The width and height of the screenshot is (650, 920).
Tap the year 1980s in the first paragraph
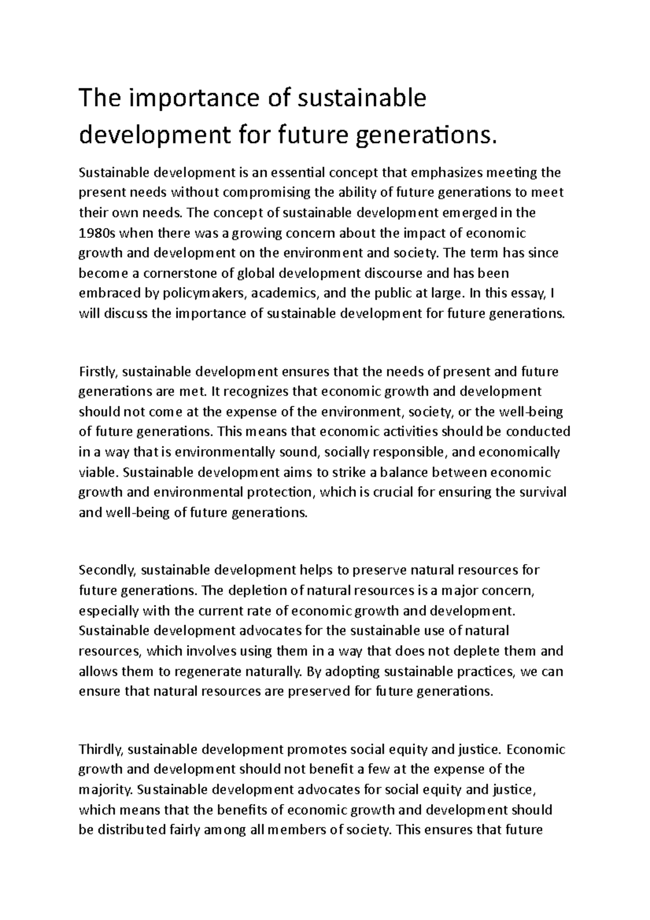(96, 233)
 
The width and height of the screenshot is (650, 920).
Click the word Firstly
(99, 372)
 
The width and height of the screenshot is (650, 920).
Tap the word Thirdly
(101, 750)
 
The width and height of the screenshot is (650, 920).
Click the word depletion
(259, 591)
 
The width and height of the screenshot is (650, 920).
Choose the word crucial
(381, 492)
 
